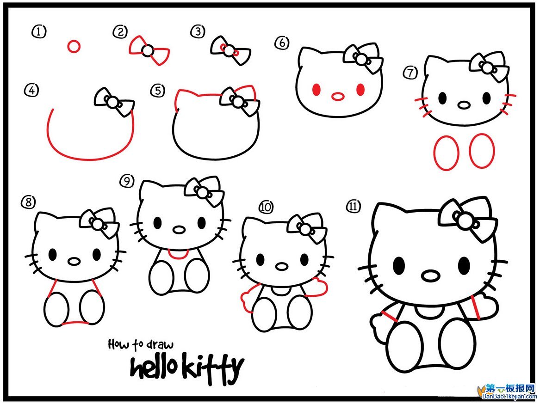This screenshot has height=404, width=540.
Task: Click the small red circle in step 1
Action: tap(74, 46)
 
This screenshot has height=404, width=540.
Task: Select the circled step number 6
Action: tap(281, 43)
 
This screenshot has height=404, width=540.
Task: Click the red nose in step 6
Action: tap(339, 97)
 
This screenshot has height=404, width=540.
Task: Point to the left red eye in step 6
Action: tap(317, 90)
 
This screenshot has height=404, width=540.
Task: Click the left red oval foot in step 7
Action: tap(446, 153)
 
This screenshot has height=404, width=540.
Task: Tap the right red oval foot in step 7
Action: tap(482, 151)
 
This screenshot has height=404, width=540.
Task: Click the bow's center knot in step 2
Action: tap(147, 51)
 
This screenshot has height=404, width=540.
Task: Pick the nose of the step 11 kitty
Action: tap(430, 276)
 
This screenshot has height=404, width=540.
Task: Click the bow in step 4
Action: tap(114, 101)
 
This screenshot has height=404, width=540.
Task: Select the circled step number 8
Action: tap(27, 202)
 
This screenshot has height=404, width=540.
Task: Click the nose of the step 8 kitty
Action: tap(74, 261)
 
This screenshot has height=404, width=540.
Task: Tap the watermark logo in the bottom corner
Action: tap(507, 391)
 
